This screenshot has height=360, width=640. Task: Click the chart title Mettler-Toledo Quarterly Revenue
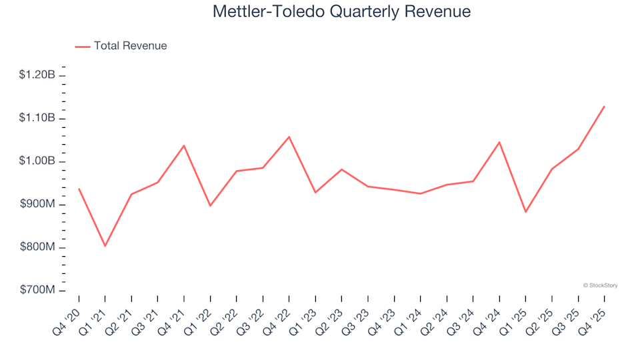341,12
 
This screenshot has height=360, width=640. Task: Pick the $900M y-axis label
39,205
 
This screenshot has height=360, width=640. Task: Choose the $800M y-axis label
39,248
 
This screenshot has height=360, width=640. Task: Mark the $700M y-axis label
39,291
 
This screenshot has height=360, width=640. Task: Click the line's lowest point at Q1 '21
105,246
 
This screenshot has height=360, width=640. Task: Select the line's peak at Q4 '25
604,106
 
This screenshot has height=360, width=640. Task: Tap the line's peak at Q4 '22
289,137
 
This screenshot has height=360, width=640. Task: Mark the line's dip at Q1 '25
525,212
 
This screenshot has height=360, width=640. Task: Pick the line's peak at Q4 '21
183,145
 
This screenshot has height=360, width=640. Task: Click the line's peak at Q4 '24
499,142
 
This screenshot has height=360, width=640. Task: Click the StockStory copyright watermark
600,285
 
